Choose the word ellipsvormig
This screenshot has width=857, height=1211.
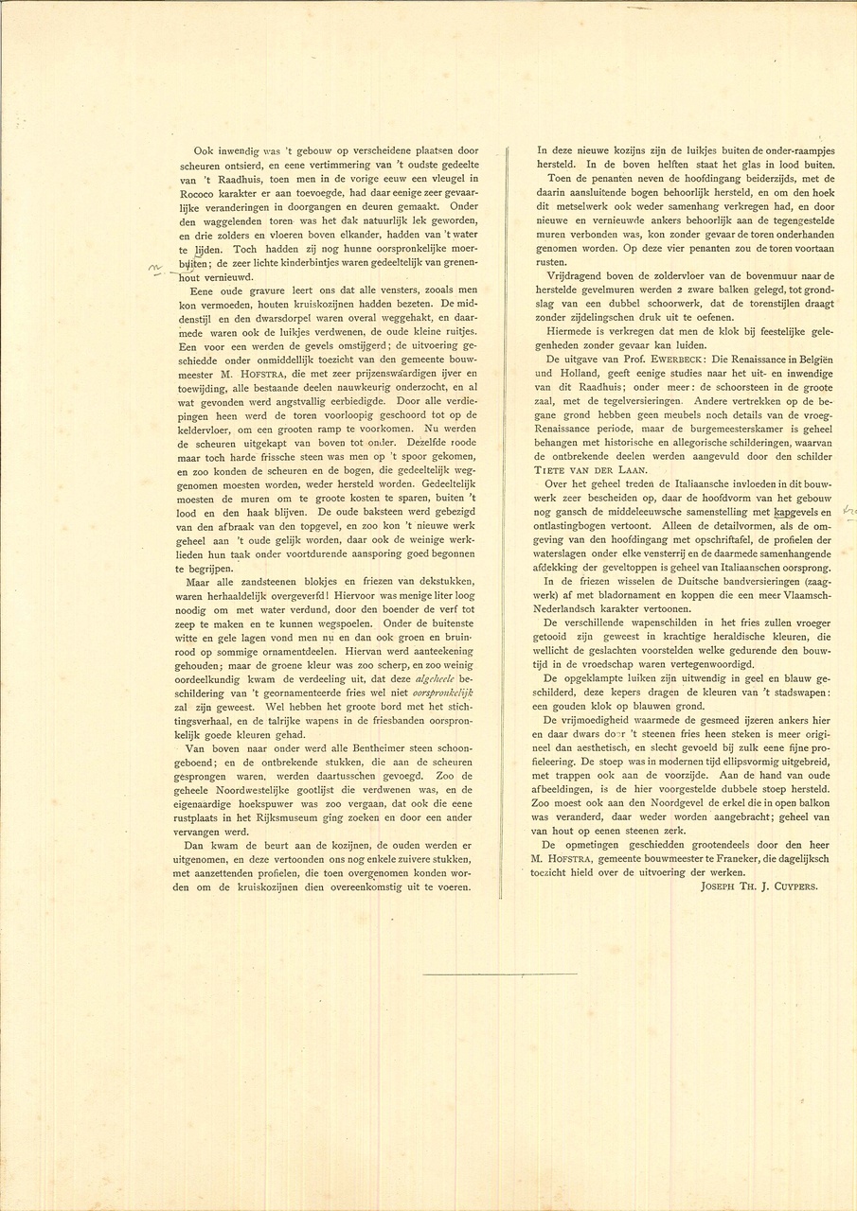[x=747, y=761]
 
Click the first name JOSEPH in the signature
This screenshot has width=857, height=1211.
[x=723, y=886]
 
